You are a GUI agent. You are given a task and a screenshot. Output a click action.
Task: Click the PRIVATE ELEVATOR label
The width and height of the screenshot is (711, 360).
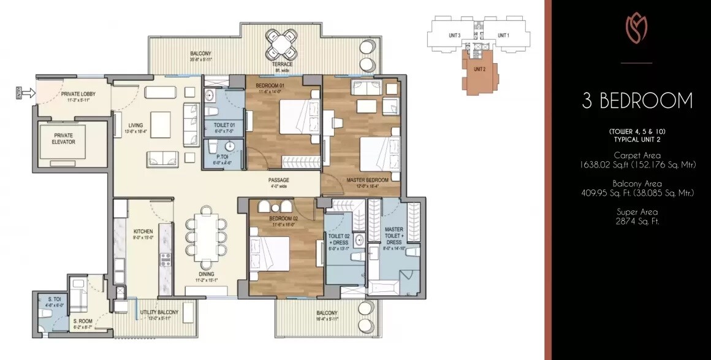click(64, 138)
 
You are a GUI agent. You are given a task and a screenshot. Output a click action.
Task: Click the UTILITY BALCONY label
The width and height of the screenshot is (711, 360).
click(158, 312)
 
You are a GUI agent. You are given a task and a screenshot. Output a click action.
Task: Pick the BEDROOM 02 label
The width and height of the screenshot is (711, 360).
click(283, 218)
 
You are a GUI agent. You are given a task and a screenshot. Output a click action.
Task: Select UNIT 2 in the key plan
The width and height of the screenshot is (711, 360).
click(479, 69)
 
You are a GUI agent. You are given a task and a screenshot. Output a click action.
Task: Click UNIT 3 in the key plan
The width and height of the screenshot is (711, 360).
click(454, 36)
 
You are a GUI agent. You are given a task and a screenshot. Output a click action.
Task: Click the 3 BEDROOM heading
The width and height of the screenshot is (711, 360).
click(637, 101)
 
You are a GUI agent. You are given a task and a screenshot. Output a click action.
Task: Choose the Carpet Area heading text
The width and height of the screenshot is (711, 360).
click(637, 155)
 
